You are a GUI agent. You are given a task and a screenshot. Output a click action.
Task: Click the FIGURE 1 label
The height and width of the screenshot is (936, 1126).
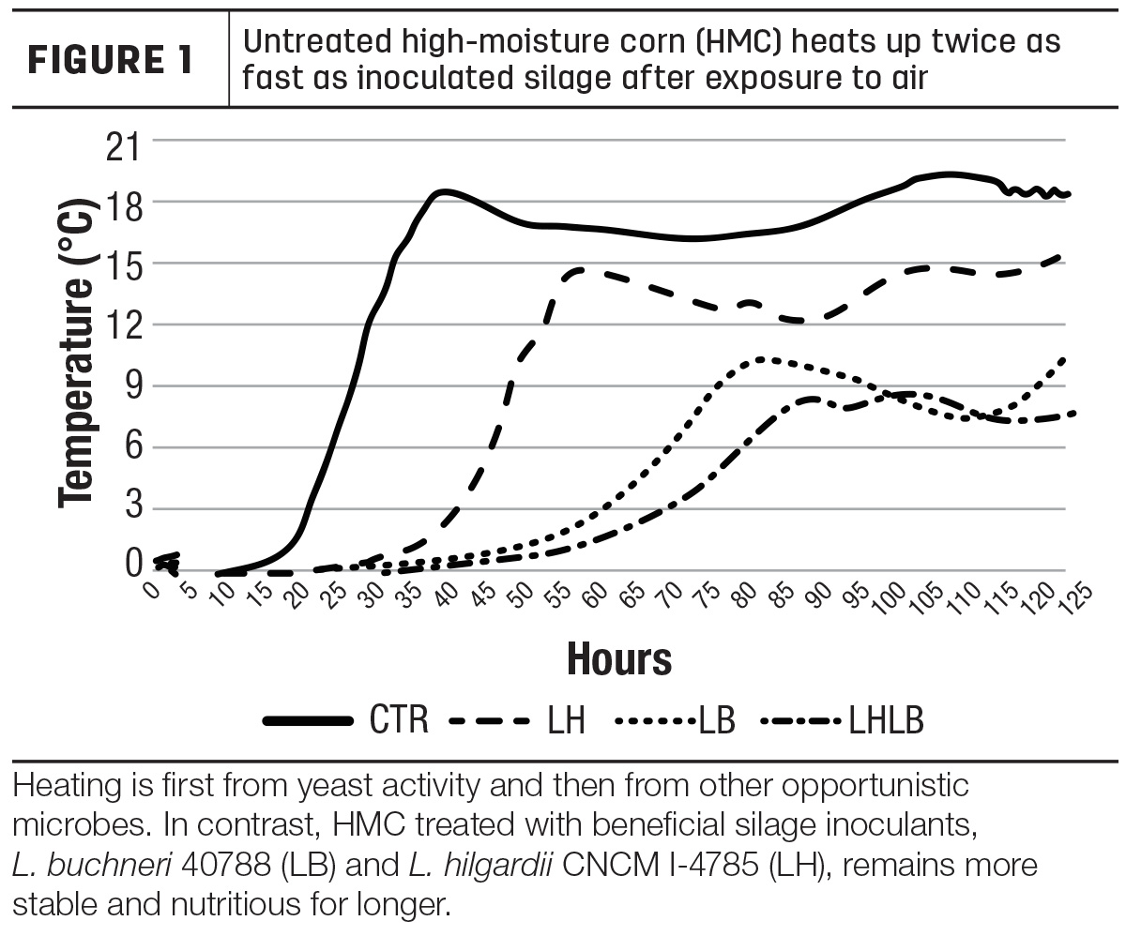[110, 59]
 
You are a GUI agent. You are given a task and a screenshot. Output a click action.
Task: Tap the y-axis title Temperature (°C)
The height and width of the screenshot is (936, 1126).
[78, 353]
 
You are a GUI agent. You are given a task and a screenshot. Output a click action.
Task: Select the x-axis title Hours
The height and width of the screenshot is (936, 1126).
[619, 659]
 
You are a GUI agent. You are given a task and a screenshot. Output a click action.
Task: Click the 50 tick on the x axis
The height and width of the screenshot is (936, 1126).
[521, 596]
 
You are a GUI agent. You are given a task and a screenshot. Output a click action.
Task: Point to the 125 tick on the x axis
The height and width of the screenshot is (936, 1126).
[1074, 598]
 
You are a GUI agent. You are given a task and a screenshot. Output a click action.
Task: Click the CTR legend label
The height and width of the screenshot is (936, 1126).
[399, 719]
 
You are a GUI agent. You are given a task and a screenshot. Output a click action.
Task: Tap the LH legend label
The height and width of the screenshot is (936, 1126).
[566, 719]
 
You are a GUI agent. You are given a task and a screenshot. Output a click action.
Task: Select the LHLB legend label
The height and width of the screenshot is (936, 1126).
[886, 719]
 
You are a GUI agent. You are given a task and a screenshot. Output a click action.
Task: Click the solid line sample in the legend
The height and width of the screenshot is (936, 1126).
[308, 721]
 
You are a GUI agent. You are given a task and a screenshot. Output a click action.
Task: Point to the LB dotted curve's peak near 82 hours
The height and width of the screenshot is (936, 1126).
[761, 359]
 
